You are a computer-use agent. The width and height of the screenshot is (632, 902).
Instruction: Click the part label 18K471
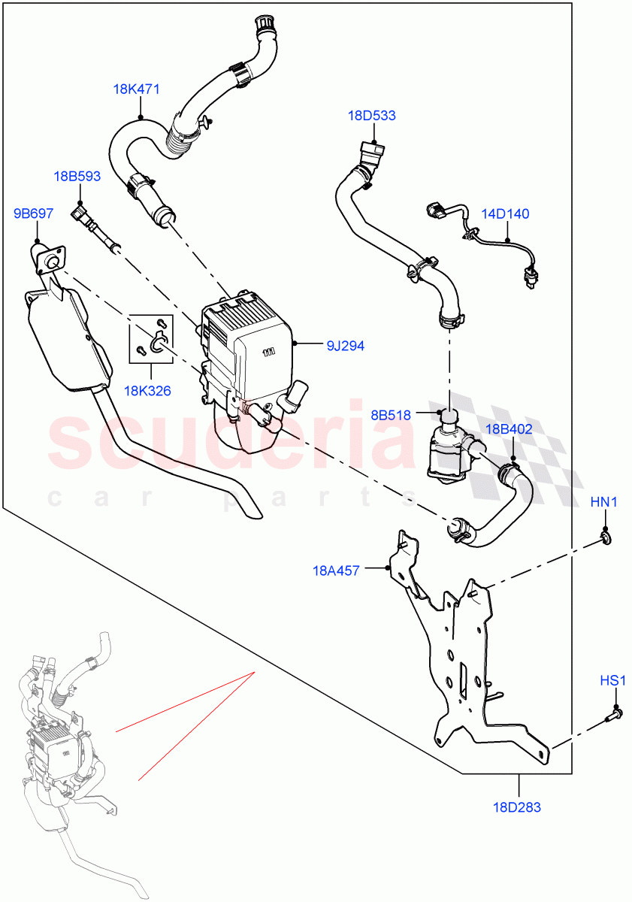tap(136, 89)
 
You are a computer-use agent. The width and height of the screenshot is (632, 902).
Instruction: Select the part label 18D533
tap(371, 116)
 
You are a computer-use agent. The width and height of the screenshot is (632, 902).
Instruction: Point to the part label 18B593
tap(77, 177)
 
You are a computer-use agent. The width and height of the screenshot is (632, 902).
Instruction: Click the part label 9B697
tap(33, 213)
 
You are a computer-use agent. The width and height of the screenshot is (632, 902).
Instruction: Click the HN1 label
tap(603, 501)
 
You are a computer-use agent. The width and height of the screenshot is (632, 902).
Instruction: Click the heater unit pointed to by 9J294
tap(248, 361)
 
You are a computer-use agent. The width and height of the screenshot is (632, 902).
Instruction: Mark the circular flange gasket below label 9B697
tap(50, 259)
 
